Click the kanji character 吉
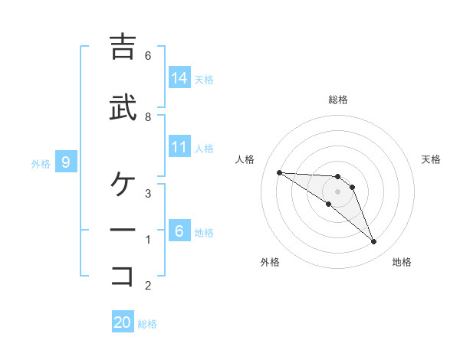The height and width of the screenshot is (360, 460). (x=123, y=47)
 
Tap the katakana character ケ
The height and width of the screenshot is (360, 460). (x=123, y=184)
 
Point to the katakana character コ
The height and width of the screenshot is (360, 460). (x=123, y=275)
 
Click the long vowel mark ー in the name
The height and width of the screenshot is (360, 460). (x=123, y=230)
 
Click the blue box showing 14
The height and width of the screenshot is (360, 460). (x=179, y=77)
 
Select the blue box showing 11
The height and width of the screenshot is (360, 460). (x=179, y=147)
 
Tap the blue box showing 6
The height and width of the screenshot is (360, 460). (x=179, y=231)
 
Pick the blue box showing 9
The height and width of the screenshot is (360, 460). (x=67, y=162)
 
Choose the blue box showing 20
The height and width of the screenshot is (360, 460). (x=123, y=322)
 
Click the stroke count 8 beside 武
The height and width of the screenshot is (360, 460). (x=148, y=116)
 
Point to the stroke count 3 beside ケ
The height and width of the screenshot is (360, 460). (x=148, y=193)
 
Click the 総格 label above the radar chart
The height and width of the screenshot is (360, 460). (x=338, y=100)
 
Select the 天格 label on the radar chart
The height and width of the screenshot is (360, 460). (x=431, y=159)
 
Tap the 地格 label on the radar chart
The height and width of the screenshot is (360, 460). (x=402, y=262)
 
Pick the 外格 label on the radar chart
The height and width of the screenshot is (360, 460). (x=270, y=262)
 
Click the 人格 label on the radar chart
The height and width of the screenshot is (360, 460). (x=245, y=159)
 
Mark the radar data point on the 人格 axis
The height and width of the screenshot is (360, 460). (x=279, y=172)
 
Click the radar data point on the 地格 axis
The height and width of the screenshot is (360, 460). (x=373, y=242)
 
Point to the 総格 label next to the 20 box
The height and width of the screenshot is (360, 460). (x=147, y=324)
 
